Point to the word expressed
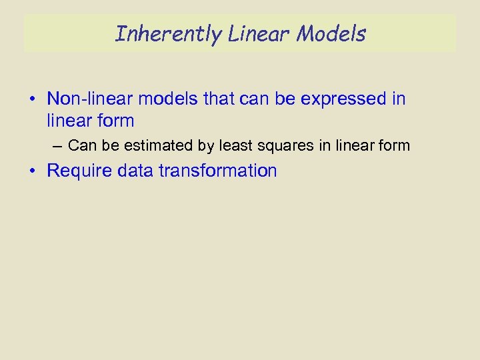[x=343, y=99]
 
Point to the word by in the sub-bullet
[x=204, y=145]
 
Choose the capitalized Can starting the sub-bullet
[x=83, y=145]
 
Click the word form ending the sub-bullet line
[x=394, y=145]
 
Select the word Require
[x=79, y=171]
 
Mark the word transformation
[x=217, y=171]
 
